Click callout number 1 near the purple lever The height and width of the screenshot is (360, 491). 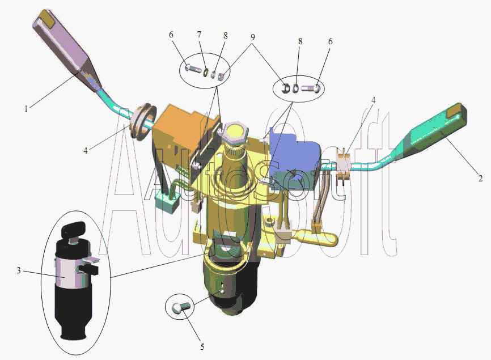coord(26,109)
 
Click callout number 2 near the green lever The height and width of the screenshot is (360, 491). coord(480,178)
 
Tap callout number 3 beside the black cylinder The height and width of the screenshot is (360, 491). coord(19,270)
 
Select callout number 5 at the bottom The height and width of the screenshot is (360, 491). coord(202,347)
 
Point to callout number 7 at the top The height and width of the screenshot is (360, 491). coord(199,34)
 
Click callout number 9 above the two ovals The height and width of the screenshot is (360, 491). coord(252,37)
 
